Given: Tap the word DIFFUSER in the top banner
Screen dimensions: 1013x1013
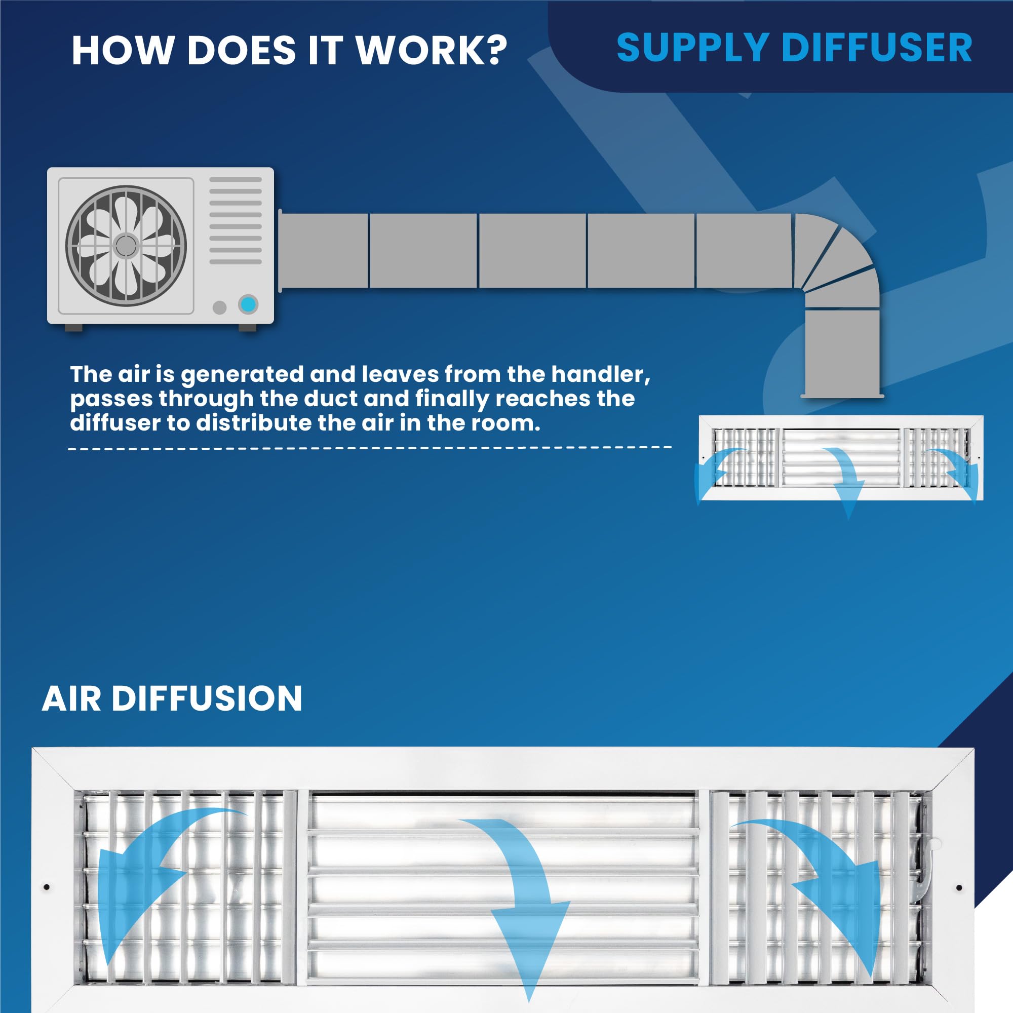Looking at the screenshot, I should click(x=877, y=48).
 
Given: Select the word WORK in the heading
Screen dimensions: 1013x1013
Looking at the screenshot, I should click(x=422, y=51).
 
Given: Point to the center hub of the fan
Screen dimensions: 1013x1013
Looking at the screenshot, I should click(x=126, y=245).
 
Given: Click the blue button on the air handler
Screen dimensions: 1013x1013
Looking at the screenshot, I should click(x=248, y=304).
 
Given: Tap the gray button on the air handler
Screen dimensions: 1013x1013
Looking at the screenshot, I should click(x=220, y=307).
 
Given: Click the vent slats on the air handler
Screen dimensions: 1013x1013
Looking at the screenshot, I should click(x=236, y=220).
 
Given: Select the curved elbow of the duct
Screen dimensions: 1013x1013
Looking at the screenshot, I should click(x=834, y=257).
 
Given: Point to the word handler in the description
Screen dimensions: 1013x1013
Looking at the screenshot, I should click(x=600, y=374).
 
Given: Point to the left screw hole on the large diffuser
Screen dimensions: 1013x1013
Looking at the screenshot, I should click(x=47, y=887).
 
